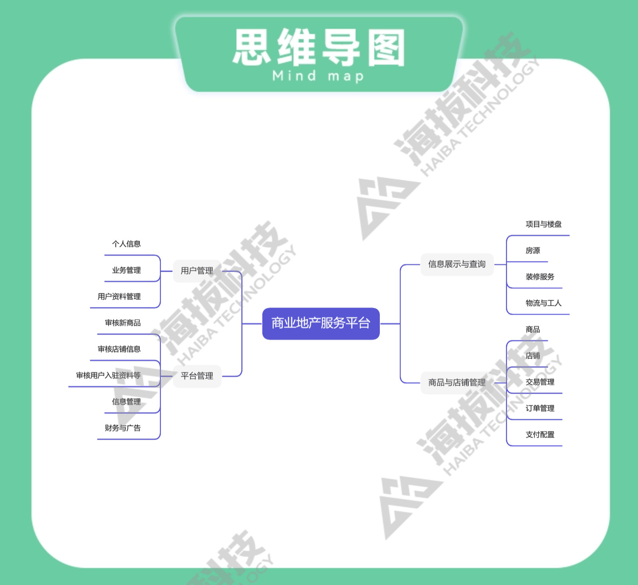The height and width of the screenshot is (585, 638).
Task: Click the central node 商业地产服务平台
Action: (321, 324)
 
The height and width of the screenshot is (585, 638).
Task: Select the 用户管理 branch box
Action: (197, 271)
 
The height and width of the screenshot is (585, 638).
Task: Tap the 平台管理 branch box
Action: (197, 376)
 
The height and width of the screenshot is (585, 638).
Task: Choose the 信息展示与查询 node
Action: (457, 264)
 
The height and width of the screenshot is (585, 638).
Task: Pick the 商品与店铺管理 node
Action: (457, 383)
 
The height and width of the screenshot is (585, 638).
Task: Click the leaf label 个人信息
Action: (126, 244)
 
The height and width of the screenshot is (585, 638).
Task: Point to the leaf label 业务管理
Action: (126, 270)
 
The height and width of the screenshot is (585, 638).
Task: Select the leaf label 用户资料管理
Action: (119, 297)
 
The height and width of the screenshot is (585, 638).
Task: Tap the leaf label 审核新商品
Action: (122, 323)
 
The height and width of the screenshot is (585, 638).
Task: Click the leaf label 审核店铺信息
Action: (119, 349)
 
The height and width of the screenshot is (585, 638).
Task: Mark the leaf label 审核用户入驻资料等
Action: (108, 375)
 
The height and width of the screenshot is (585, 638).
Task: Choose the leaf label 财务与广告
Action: (122, 428)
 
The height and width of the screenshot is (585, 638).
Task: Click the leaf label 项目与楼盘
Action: (544, 224)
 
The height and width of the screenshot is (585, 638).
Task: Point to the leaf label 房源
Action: (533, 251)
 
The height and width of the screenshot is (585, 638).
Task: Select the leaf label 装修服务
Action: (540, 277)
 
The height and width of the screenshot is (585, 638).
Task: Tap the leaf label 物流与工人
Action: (544, 303)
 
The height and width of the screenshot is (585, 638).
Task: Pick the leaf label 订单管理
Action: (540, 409)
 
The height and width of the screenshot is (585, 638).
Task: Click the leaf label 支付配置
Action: (540, 435)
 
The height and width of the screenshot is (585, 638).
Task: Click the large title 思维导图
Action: (319, 48)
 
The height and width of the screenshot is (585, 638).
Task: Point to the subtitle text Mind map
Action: (318, 77)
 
